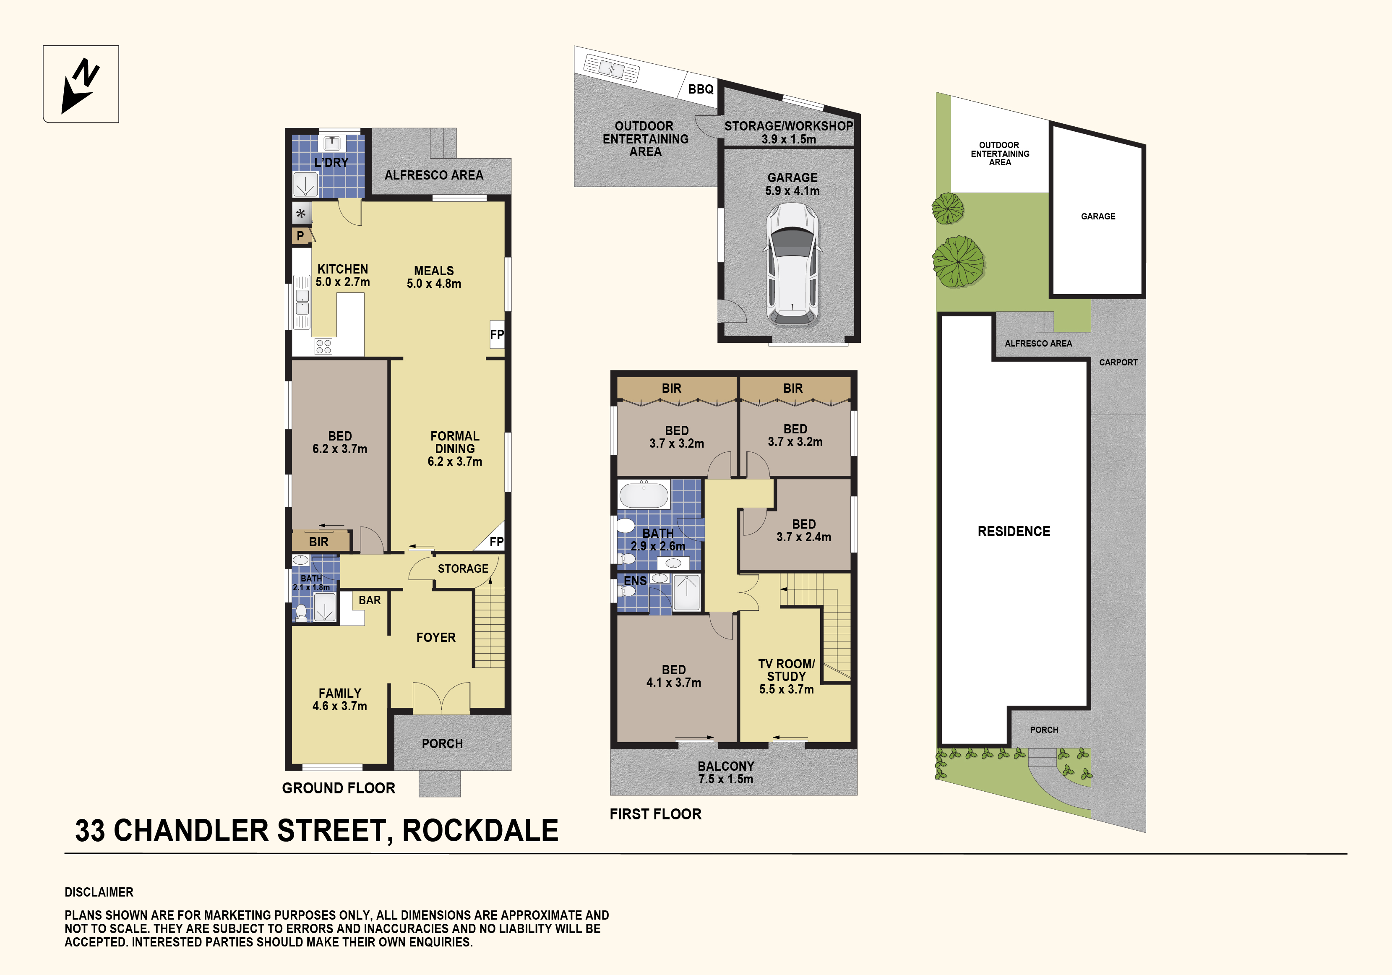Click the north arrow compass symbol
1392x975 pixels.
(81, 85)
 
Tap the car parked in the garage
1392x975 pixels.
(792, 264)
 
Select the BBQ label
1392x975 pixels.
(701, 89)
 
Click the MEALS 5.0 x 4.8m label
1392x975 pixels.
(434, 277)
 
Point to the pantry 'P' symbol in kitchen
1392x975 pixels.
(301, 236)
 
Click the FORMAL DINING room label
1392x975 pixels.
(455, 449)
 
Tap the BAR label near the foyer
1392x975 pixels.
(370, 600)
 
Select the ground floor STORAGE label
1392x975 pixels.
(463, 569)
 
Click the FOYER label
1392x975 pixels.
(436, 637)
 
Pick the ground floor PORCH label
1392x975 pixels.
(442, 743)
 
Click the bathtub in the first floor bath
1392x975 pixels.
(644, 494)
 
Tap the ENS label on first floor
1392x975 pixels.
(635, 581)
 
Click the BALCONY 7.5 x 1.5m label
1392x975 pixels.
(726, 772)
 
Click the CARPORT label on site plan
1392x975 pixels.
(1118, 362)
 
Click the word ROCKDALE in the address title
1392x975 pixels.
(480, 831)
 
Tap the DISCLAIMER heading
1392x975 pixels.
(99, 892)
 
